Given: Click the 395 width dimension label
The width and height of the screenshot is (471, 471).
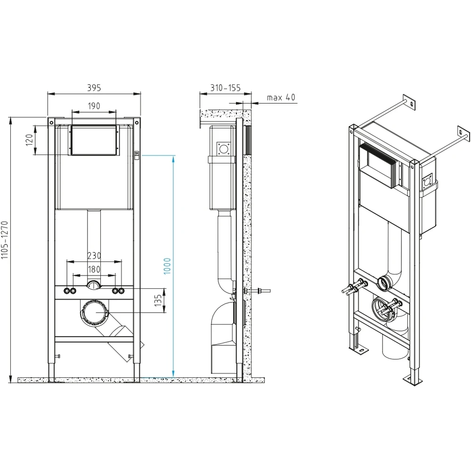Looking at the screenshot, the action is pyautogui.click(x=94, y=88).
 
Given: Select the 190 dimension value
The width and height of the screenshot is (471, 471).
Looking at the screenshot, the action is pyautogui.click(x=94, y=106).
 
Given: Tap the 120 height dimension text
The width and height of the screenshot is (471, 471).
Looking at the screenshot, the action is pyautogui.click(x=29, y=140).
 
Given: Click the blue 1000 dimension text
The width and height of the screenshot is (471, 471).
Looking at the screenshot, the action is pyautogui.click(x=167, y=266).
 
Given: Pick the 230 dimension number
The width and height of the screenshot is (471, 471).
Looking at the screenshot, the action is pyautogui.click(x=94, y=256).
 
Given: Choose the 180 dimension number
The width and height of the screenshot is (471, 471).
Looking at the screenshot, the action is pyautogui.click(x=94, y=269).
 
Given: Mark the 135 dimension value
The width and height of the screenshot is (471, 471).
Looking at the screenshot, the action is pyautogui.click(x=158, y=300).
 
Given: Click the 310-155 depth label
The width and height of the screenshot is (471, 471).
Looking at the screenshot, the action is pyautogui.click(x=225, y=88).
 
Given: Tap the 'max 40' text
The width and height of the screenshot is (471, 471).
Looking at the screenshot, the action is pyautogui.click(x=281, y=97).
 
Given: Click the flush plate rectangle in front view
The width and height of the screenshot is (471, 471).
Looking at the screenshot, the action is pyautogui.click(x=94, y=140).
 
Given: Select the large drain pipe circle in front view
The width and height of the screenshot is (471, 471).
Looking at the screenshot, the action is pyautogui.click(x=94, y=312).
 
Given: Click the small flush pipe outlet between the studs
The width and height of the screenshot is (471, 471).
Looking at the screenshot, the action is pyautogui.click(x=94, y=285).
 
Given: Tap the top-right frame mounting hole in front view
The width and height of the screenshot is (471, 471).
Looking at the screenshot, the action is pyautogui.click(x=137, y=122).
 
